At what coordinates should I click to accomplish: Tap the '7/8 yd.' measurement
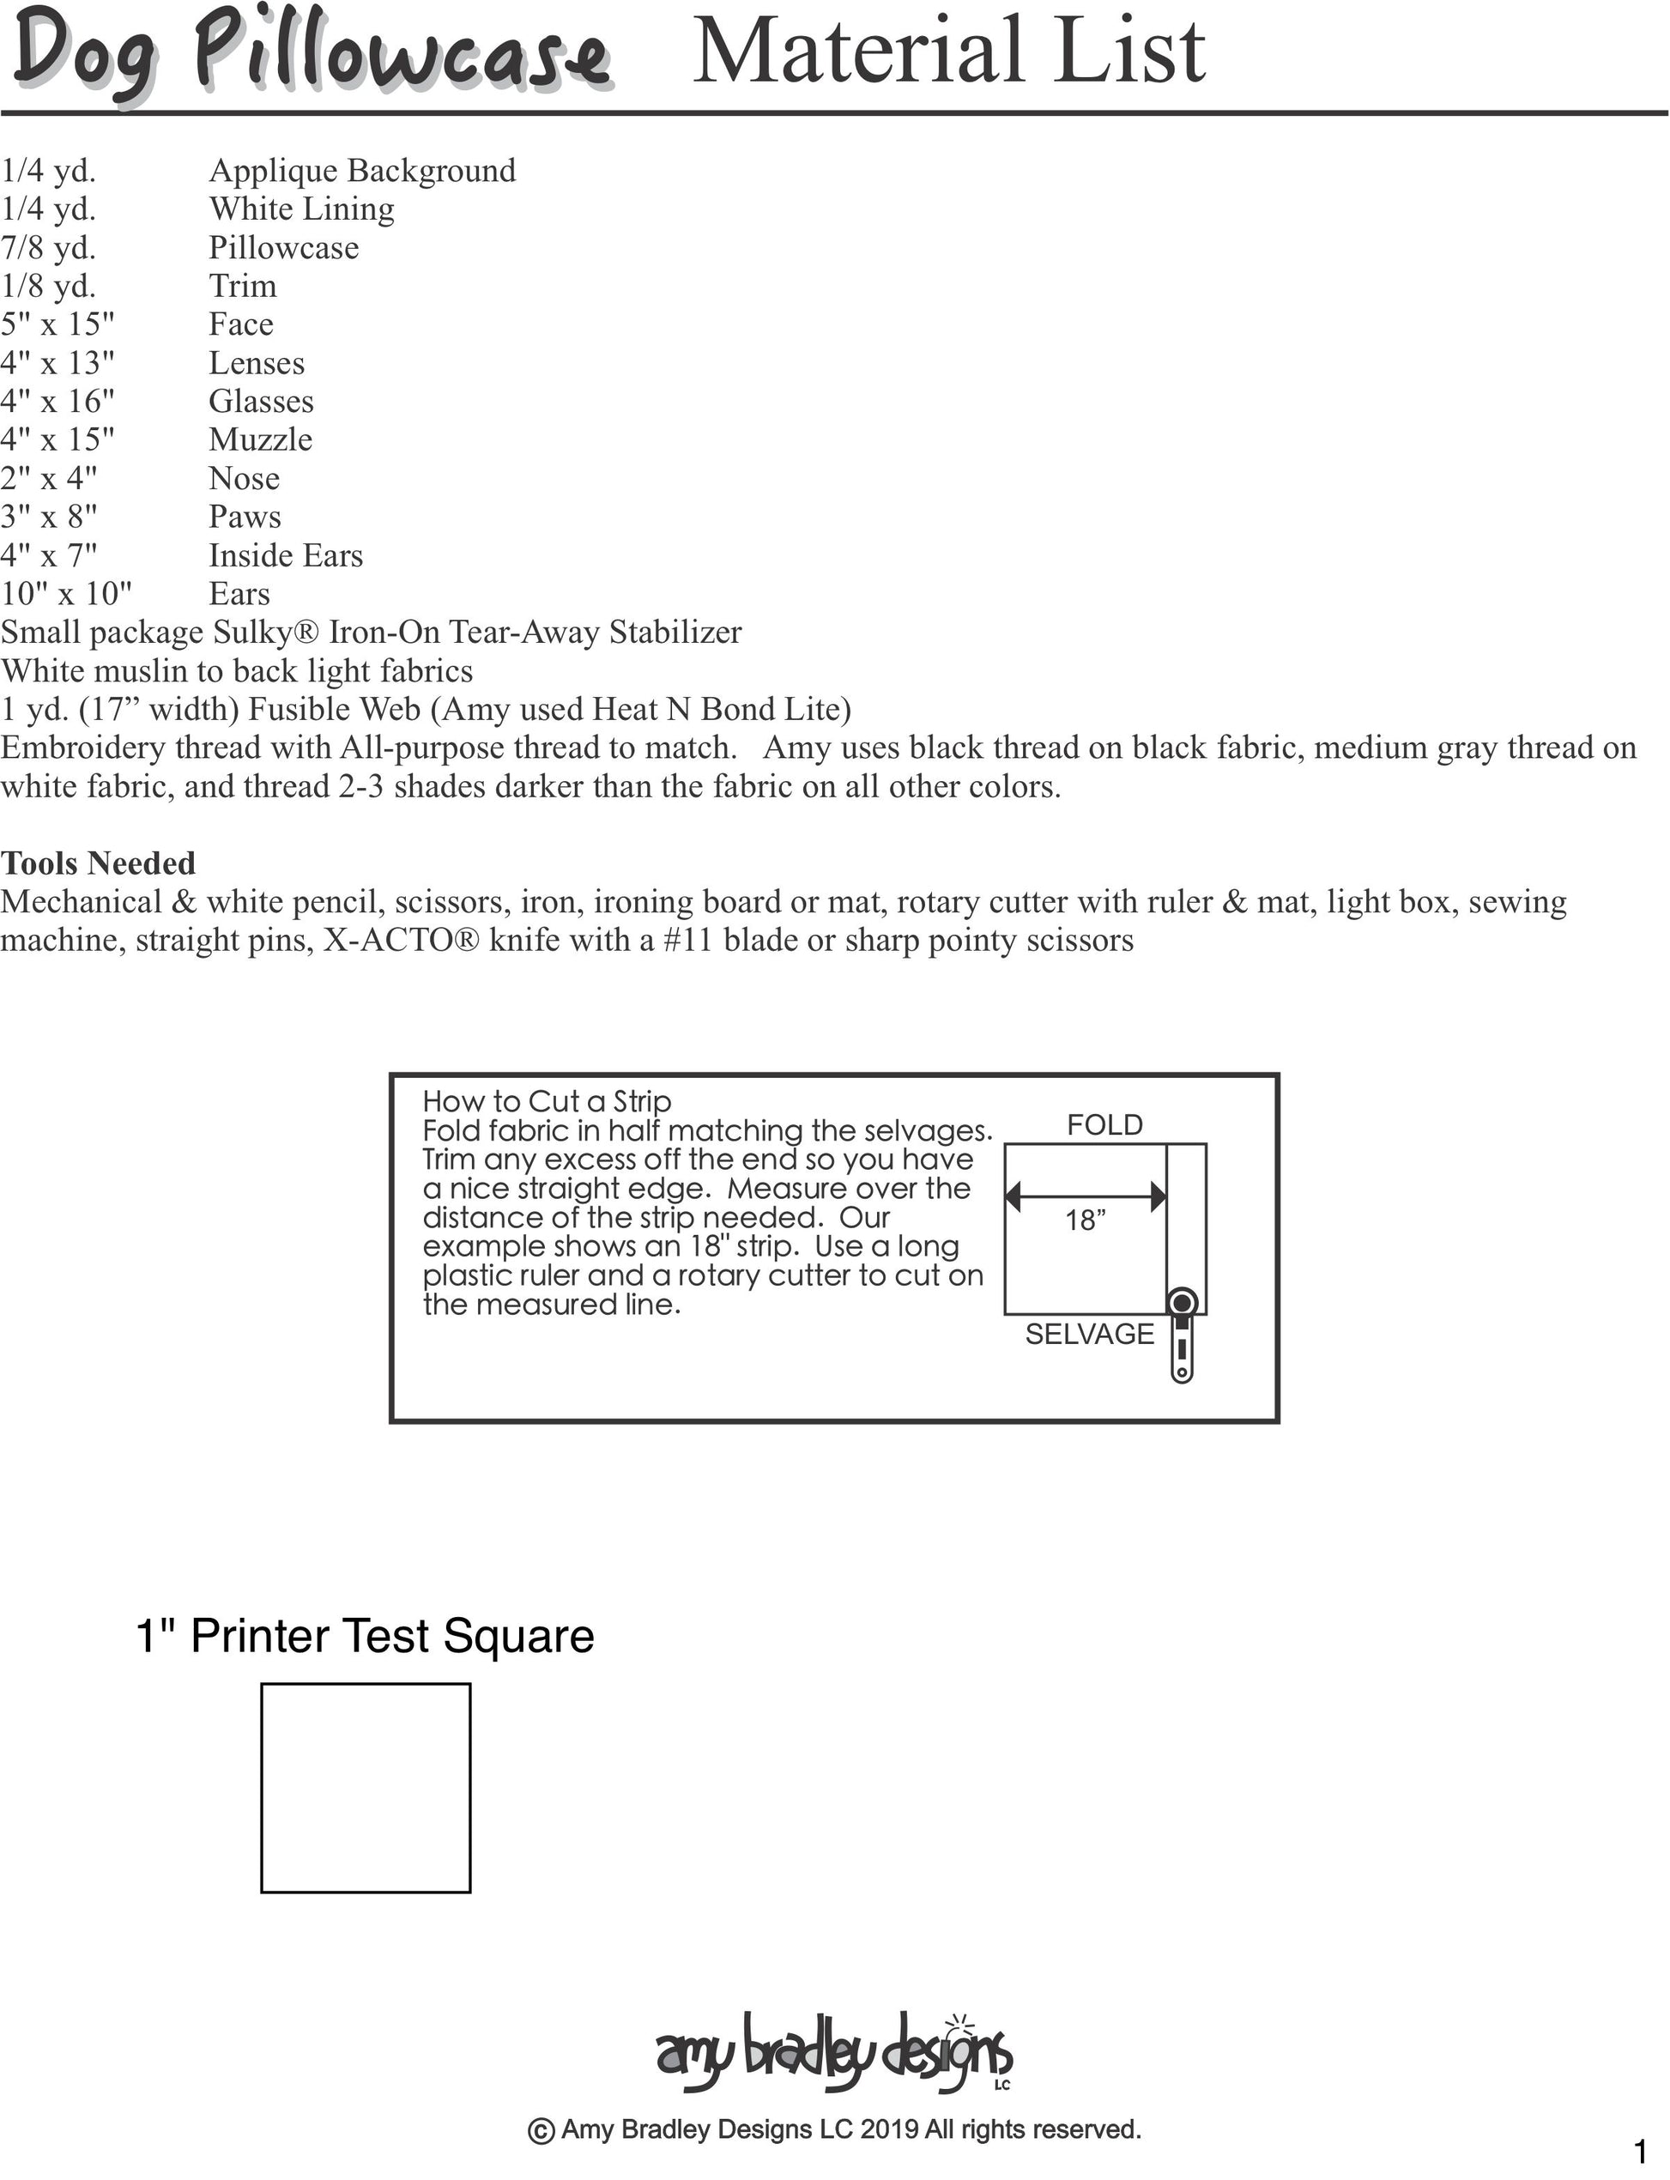tap(48, 247)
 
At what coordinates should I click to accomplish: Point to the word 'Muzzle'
tap(260, 439)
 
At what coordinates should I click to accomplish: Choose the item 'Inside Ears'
tap(285, 554)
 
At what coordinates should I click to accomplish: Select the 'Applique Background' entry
tap(362, 170)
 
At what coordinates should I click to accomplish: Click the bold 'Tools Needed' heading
tap(98, 863)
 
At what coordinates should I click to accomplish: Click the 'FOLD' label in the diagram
tap(1104, 1125)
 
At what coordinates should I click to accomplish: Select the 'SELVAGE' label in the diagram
tap(1090, 1334)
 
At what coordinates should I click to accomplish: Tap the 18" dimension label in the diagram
tap(1086, 1220)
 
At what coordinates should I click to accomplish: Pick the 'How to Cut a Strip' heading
tap(547, 1101)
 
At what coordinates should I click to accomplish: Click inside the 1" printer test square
tap(365, 1787)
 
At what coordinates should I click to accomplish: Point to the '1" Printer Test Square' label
tap(364, 1636)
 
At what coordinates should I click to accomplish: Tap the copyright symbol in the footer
tap(541, 2131)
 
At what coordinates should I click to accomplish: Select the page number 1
tap(1639, 2153)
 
